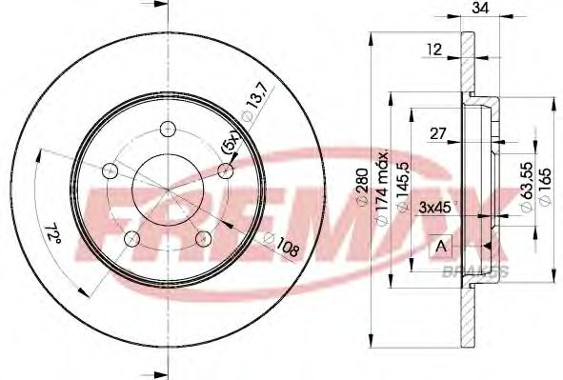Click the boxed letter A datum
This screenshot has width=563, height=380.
[x=441, y=247]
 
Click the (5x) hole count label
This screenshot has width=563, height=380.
[x=230, y=143]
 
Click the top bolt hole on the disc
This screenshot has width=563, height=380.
[x=167, y=129]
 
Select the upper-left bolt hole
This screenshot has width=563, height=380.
[x=110, y=170]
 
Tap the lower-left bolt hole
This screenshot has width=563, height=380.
[x=131, y=238]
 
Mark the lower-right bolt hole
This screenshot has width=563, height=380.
[x=202, y=238]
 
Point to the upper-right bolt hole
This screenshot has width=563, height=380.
[x=225, y=170]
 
